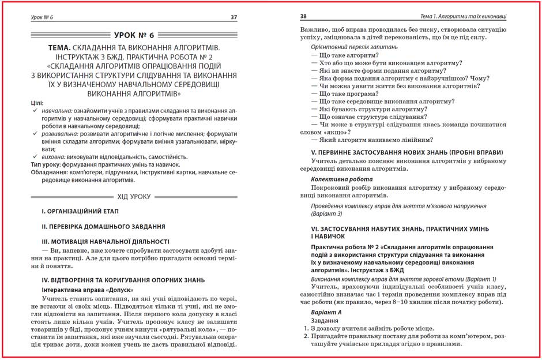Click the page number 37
pos(234,17)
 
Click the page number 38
pos(304,17)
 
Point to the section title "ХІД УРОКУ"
pos(134,196)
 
